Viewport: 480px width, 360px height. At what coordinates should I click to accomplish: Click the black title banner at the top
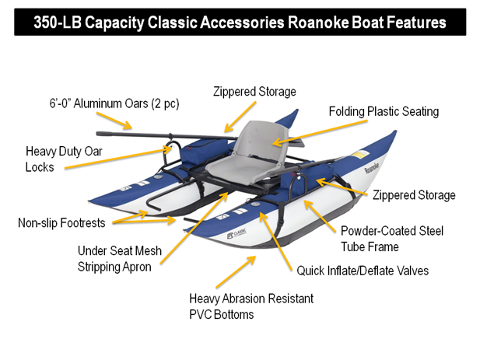click(x=240, y=22)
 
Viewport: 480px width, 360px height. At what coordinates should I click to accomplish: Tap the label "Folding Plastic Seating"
click(x=384, y=112)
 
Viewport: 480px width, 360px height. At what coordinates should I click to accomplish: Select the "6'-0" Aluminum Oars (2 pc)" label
click(x=114, y=103)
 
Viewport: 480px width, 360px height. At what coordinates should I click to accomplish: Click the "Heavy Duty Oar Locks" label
click(x=64, y=159)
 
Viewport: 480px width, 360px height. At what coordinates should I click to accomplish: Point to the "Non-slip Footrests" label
click(x=61, y=222)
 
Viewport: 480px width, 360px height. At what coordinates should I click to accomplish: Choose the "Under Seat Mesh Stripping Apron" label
click(x=119, y=259)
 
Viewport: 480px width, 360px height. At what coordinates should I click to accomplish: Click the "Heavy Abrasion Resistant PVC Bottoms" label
click(x=251, y=306)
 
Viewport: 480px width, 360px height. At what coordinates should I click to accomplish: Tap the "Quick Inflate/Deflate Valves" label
click(x=363, y=271)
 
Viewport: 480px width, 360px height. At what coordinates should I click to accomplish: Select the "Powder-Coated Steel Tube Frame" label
click(x=392, y=239)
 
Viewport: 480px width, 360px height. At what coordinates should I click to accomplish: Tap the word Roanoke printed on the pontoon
click(x=372, y=168)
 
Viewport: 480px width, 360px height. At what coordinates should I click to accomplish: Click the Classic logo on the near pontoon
click(x=236, y=234)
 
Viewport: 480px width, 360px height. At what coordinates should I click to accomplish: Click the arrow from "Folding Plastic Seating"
click(x=320, y=132)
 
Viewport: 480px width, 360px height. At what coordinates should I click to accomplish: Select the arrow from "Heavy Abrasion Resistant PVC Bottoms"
click(x=236, y=272)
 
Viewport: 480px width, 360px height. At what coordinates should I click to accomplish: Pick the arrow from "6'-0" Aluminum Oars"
click(x=114, y=121)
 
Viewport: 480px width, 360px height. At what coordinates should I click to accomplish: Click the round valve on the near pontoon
click(x=255, y=204)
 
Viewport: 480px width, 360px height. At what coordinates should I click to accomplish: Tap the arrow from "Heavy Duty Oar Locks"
click(x=118, y=158)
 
